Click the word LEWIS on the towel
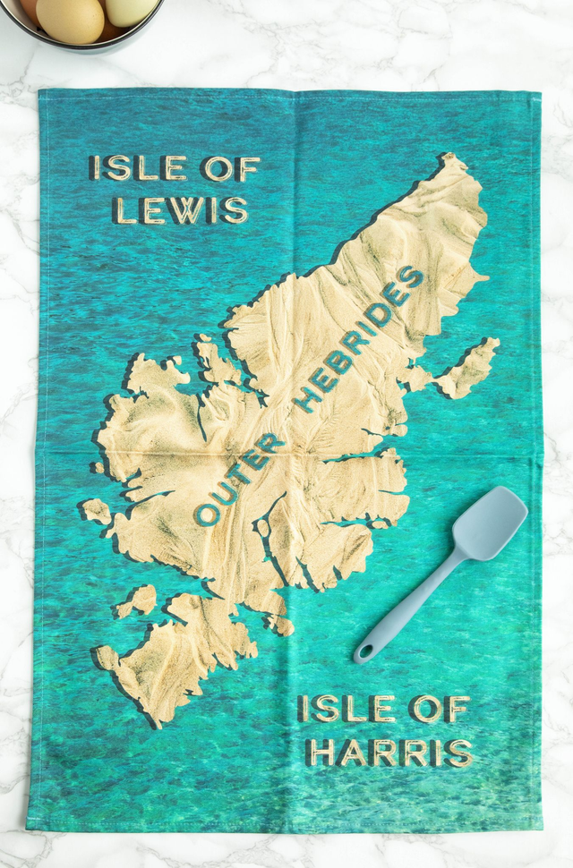[x=180, y=209]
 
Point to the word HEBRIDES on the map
[x=359, y=339]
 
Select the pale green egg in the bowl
[x=131, y=10]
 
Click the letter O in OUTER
[x=207, y=515]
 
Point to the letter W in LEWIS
[x=186, y=209]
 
